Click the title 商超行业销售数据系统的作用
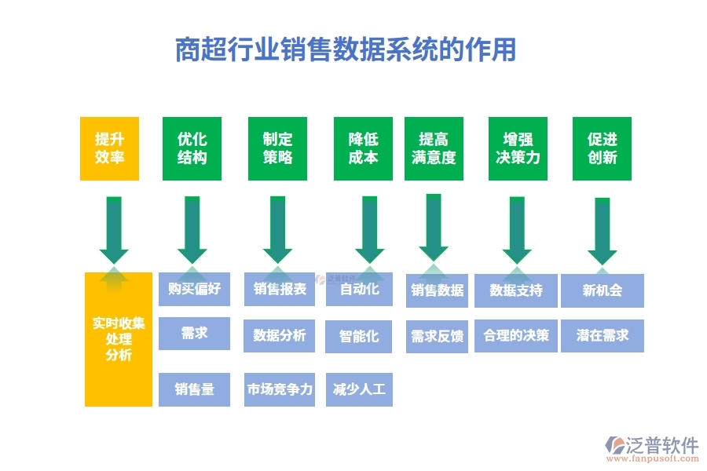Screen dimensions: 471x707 [x=346, y=49]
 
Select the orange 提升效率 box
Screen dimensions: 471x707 [x=109, y=148]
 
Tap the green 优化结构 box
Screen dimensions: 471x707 [x=192, y=148]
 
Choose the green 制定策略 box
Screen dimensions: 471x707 [x=277, y=148]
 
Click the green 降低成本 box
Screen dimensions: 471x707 [x=363, y=148]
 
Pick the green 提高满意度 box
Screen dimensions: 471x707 [x=434, y=148]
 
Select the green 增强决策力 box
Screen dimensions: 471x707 [x=518, y=148]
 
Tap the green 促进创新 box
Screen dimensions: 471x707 [x=602, y=148]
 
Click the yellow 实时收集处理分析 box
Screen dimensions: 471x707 [x=119, y=339]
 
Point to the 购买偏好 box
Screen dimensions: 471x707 [x=194, y=290]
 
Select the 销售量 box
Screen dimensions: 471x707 [x=194, y=389]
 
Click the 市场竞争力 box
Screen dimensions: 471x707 [x=280, y=389]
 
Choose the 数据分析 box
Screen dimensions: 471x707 [x=280, y=336]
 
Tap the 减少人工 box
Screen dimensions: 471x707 [x=359, y=389]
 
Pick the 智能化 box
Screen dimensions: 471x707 [x=359, y=336]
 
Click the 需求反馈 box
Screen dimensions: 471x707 [x=437, y=336]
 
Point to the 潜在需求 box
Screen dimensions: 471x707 [x=603, y=336]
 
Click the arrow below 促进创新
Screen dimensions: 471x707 [x=603, y=232]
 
